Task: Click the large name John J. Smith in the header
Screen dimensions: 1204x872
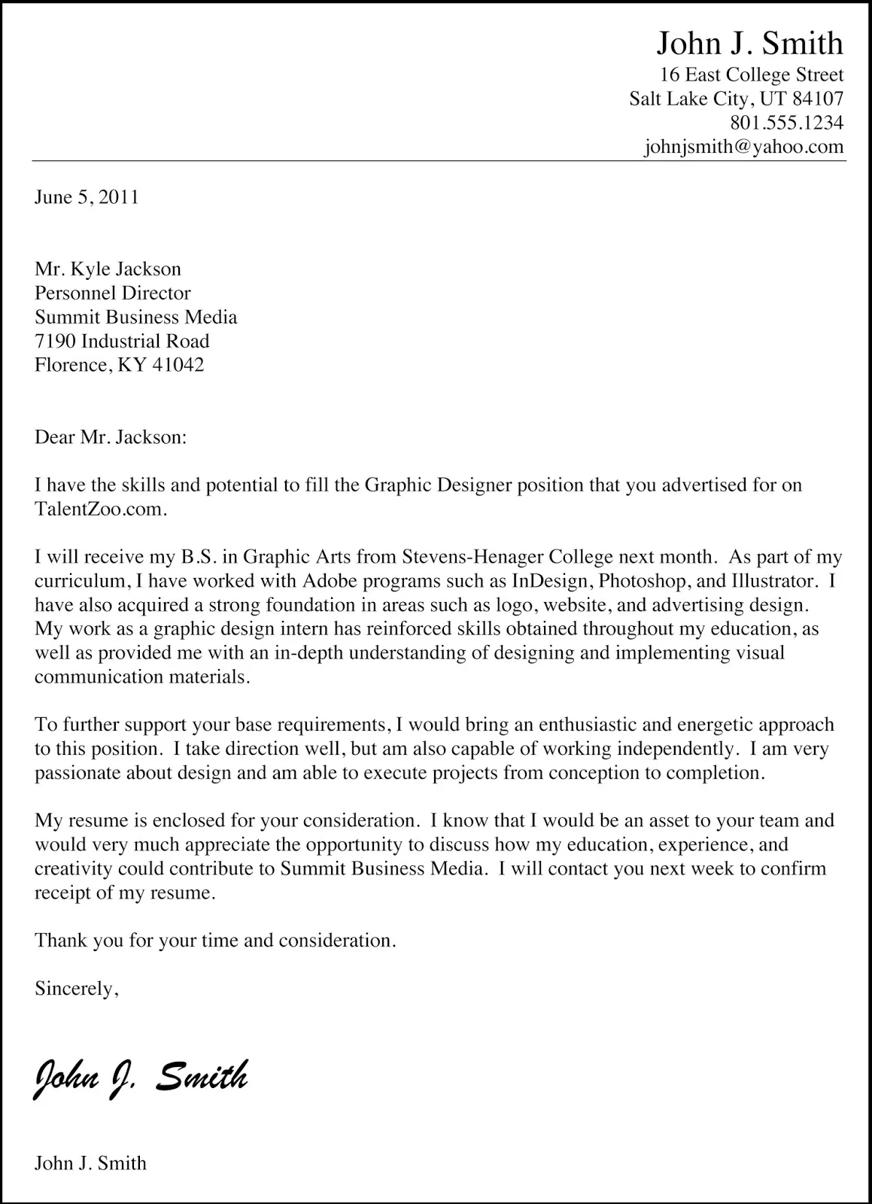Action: point(749,44)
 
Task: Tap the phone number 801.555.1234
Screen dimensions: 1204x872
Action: point(786,123)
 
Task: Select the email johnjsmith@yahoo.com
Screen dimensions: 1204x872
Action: point(743,147)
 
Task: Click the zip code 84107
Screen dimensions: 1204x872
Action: point(818,99)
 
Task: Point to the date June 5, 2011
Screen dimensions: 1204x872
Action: point(87,197)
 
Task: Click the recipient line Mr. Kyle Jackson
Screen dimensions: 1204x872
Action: point(108,269)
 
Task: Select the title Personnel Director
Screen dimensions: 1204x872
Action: point(113,293)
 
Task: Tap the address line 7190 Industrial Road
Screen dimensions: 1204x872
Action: point(122,341)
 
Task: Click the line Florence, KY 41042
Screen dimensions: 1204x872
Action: point(119,365)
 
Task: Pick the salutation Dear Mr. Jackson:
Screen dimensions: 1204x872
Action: point(110,437)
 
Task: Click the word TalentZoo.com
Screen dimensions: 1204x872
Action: point(98,509)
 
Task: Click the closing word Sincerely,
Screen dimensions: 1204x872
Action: point(76,989)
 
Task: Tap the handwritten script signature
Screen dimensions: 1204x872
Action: point(141,1077)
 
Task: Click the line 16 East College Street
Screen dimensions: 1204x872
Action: point(751,74)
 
